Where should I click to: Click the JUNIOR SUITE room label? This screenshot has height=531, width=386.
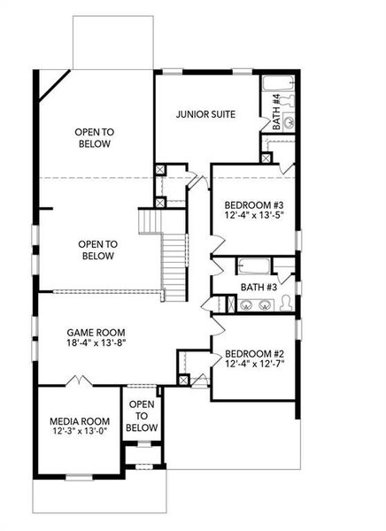[205, 113]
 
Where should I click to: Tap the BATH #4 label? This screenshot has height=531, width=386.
[276, 112]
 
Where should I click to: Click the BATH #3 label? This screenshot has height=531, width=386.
[259, 288]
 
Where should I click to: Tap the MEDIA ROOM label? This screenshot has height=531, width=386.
[79, 420]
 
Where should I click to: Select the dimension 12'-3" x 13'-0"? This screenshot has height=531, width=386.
[79, 433]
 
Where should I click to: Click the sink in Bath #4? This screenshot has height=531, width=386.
[288, 121]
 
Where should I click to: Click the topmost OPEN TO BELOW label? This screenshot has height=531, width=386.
[93, 137]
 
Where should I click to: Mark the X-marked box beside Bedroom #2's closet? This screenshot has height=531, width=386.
[183, 381]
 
